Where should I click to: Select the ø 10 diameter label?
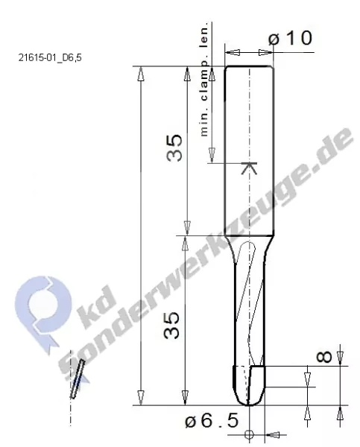[290, 38]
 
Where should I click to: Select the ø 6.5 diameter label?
[212, 421]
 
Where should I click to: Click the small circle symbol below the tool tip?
[250, 434]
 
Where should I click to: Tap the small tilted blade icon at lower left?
[77, 380]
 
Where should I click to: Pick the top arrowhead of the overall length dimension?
[142, 72]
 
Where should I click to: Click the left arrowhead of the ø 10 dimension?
[230, 53]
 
